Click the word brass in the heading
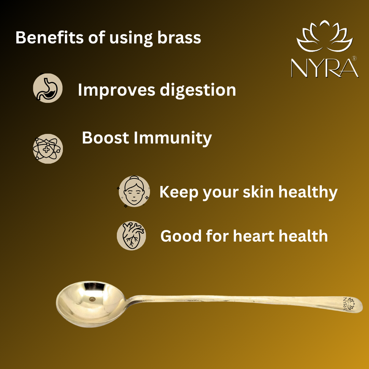point(179,38)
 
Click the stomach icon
point(48,88)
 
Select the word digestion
point(198,90)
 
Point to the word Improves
point(117,90)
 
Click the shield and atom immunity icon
point(48,149)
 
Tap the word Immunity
point(173,138)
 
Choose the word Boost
point(106,138)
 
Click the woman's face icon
point(134,191)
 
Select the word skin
point(258,192)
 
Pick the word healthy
point(308,192)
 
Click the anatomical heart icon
point(131,235)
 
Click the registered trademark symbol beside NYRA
point(354,58)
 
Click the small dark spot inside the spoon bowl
point(92,299)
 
